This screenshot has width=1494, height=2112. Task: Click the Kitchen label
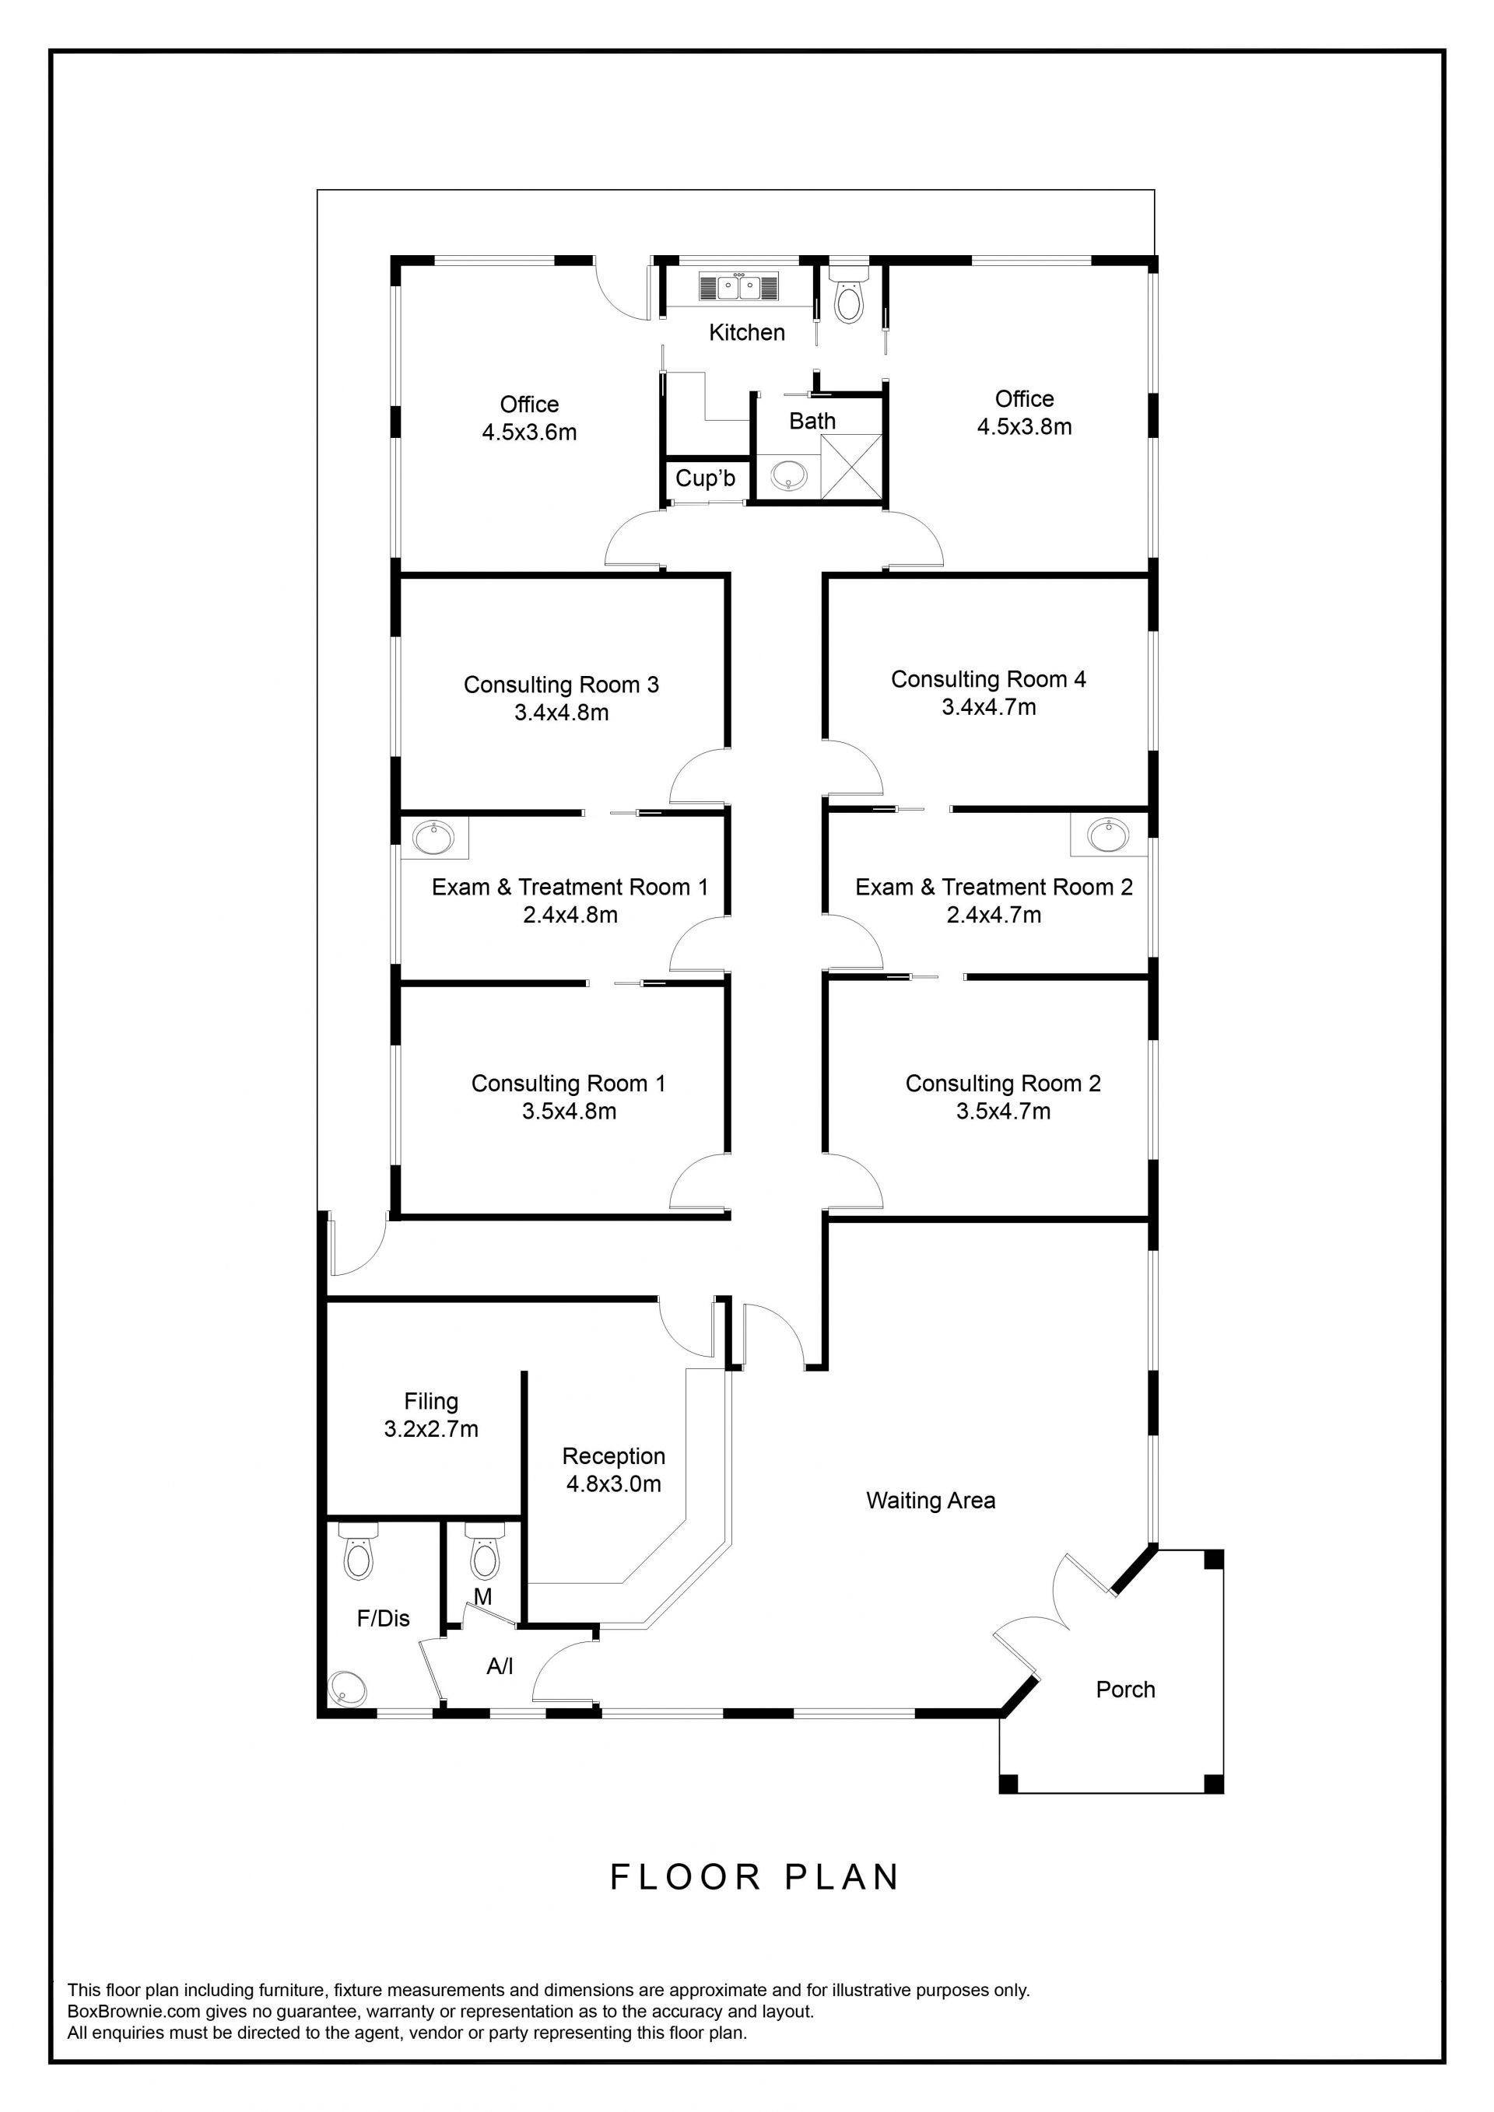pos(747,333)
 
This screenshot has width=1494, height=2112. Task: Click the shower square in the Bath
pos(851,467)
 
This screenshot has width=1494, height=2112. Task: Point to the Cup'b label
pos(706,478)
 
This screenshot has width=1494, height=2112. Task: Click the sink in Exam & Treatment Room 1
pos(433,837)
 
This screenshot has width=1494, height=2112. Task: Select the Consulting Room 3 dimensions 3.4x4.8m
pos(561,713)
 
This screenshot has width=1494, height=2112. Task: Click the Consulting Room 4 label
pos(988,680)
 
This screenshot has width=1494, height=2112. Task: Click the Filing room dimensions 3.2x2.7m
pos(431,1430)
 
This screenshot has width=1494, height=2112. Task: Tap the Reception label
pos(614,1456)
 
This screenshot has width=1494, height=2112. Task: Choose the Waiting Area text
pos(931,1501)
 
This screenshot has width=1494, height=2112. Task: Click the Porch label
pos(1125,1690)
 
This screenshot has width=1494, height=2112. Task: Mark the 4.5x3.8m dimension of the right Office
pos(1024,427)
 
